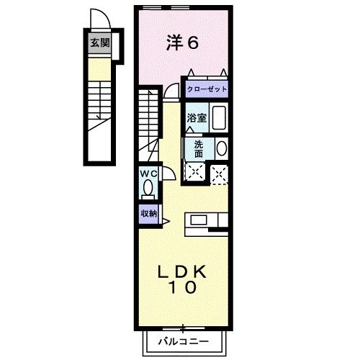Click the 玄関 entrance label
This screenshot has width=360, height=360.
[99, 42]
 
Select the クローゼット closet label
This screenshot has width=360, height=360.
[207, 89]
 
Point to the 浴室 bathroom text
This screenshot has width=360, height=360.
[197, 117]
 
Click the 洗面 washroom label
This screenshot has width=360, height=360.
[199, 148]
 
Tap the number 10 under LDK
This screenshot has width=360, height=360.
[184, 288]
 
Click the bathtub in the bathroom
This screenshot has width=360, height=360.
[220, 117]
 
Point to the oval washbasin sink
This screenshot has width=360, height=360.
[221, 148]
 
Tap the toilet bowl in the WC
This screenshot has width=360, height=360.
[148, 190]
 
